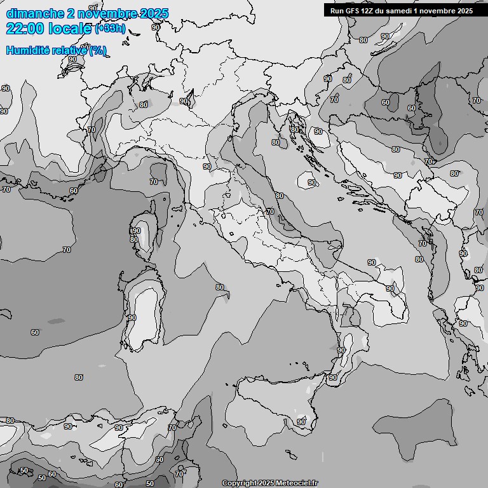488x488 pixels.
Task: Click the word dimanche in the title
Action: coord(35,13)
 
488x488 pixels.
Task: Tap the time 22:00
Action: coord(25,29)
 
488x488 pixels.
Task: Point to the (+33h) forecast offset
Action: coord(110,29)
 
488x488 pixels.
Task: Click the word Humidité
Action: coord(25,50)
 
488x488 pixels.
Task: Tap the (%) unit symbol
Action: coord(98,50)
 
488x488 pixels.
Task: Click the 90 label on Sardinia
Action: coord(132,318)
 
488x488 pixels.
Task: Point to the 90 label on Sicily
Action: coord(301,422)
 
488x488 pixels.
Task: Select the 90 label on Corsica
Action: coord(137,231)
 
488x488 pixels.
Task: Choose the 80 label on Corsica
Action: coord(133,240)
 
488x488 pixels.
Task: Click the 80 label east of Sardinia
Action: coord(219,287)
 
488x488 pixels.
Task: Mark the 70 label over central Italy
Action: coord(270,212)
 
